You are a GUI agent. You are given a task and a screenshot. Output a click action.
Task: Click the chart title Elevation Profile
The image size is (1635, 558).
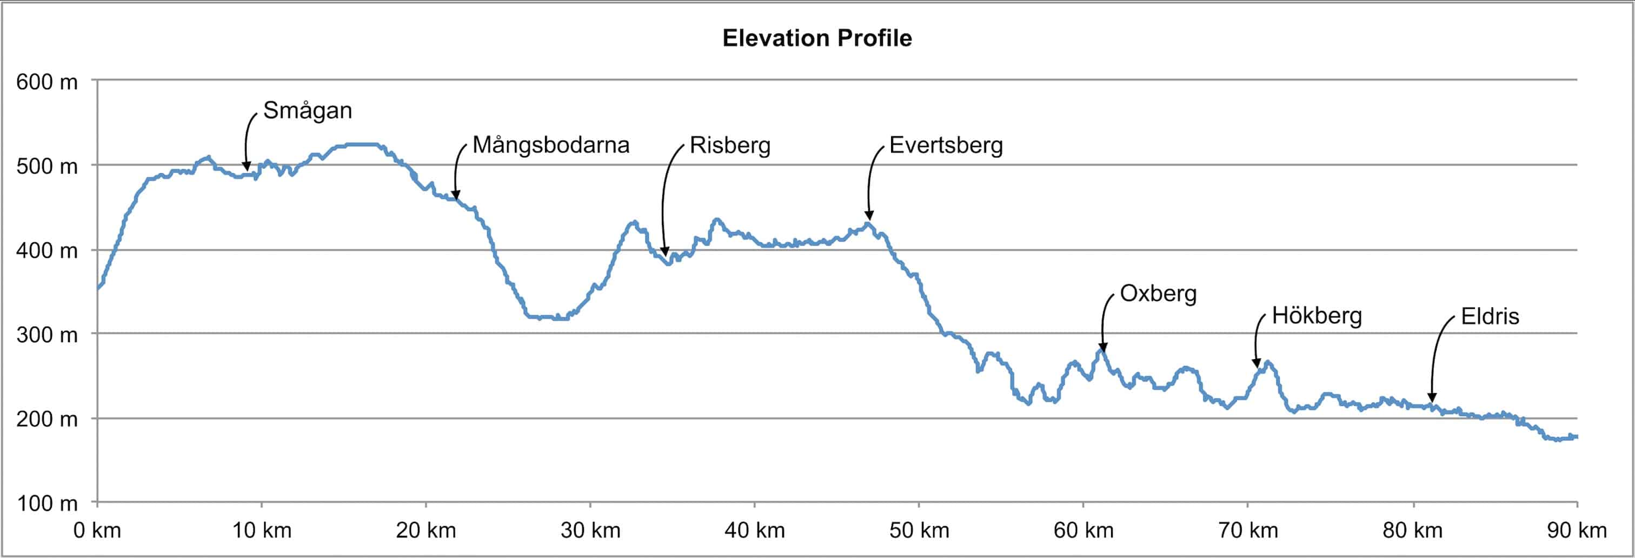click(x=817, y=38)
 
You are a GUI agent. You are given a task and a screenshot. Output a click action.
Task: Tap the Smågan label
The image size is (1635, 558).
click(x=307, y=110)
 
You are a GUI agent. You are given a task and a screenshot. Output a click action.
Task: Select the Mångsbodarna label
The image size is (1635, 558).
click(x=551, y=145)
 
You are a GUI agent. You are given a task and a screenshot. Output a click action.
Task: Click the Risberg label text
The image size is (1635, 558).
click(x=730, y=145)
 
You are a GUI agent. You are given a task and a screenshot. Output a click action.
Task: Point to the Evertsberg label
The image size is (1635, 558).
click(x=946, y=145)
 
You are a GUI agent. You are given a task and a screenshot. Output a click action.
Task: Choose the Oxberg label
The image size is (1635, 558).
click(x=1158, y=293)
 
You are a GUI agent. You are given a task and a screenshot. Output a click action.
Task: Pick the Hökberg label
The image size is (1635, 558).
click(x=1317, y=316)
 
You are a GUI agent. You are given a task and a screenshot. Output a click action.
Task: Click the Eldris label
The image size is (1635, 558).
click(x=1490, y=316)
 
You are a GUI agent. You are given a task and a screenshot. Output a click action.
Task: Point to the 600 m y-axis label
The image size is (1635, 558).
click(x=47, y=82)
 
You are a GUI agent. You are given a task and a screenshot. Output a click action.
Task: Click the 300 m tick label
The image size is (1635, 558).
click(x=47, y=335)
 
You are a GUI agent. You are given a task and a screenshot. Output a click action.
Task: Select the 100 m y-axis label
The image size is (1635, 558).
click(x=47, y=503)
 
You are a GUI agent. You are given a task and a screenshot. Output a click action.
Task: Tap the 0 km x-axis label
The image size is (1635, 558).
click(x=97, y=530)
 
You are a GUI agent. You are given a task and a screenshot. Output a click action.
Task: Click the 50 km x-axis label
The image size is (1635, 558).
click(x=919, y=530)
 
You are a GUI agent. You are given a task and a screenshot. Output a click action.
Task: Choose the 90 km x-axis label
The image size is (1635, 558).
click(x=1577, y=530)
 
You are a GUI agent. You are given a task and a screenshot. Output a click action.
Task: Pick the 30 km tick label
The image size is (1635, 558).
click(x=590, y=530)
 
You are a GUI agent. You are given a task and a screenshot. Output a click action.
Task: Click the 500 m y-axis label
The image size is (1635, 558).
click(x=47, y=167)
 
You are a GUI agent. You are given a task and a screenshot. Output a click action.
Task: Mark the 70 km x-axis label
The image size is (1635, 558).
click(x=1248, y=530)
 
